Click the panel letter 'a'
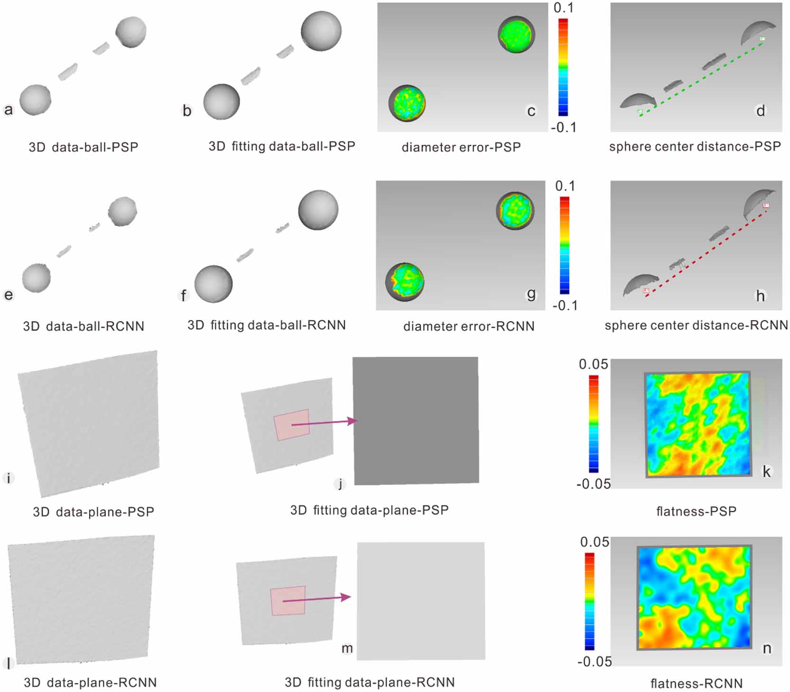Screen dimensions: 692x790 coord(8,110)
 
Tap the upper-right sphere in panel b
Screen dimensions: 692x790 coord(321,31)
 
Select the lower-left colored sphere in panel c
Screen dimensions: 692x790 coord(407,103)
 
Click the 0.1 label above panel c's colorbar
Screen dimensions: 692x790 coord(564,8)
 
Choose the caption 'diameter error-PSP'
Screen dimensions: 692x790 coord(461,148)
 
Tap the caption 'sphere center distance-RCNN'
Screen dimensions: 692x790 coord(696,325)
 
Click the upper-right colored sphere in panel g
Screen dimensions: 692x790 coord(515,211)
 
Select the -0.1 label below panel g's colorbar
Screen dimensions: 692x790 coord(565,306)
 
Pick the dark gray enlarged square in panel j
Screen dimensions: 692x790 coord(416,421)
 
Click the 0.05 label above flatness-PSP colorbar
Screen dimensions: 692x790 coord(593,364)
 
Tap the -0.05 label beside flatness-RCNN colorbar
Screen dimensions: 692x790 coord(595,662)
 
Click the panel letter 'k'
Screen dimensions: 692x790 coord(766,471)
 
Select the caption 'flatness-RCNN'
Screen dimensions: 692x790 coord(696,683)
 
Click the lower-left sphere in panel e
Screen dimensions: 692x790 coord(36,278)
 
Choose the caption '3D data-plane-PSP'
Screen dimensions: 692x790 coord(93,512)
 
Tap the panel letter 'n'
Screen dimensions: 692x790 coord(767,648)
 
